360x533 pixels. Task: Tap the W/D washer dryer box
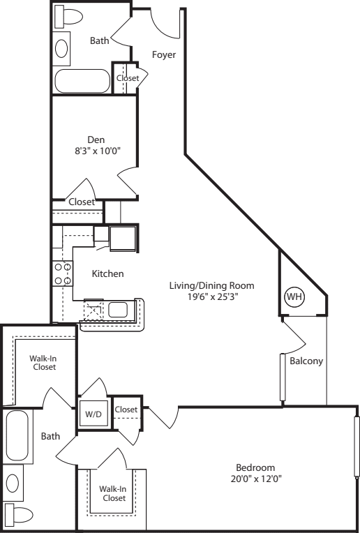pyautogui.click(x=92, y=413)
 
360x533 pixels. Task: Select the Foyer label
pyautogui.click(x=164, y=54)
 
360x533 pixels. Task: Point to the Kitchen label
pyautogui.click(x=107, y=273)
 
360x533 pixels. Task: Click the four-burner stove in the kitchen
pyautogui.click(x=63, y=273)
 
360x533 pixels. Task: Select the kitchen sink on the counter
pyautogui.click(x=117, y=309)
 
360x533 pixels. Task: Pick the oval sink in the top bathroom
pyautogui.click(x=62, y=47)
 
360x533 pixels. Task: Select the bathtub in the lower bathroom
pyautogui.click(x=17, y=436)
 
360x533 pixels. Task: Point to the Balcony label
pyautogui.click(x=306, y=361)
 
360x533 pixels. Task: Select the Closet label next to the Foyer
pyautogui.click(x=127, y=78)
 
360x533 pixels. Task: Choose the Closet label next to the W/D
pyautogui.click(x=126, y=409)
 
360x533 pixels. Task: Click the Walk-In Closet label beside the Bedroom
pyautogui.click(x=112, y=493)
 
